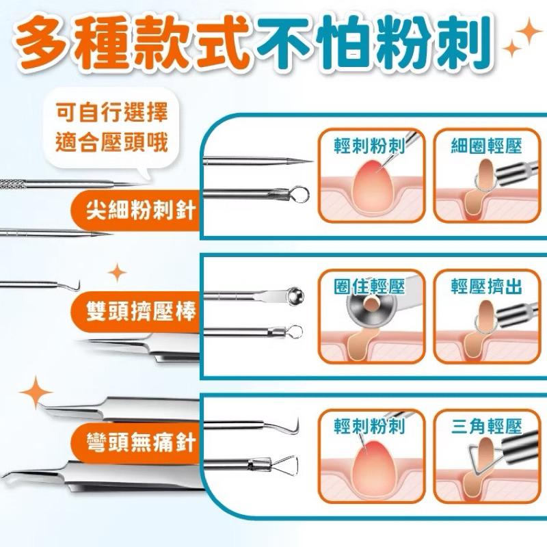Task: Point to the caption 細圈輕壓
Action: [x=486, y=146]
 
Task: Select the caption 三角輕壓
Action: [x=486, y=427]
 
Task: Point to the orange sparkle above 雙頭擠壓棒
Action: [x=118, y=273]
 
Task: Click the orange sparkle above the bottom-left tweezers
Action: [x=36, y=392]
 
